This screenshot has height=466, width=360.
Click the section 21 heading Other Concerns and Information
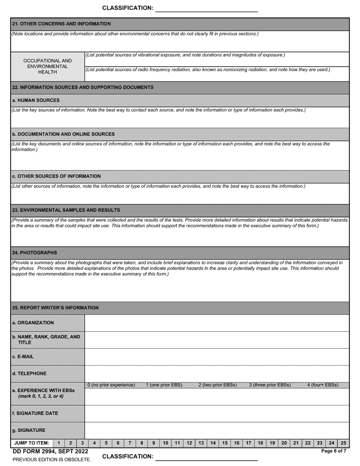[61, 24]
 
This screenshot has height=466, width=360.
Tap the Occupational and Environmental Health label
[47, 66]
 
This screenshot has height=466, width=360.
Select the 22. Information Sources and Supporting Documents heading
[83, 87]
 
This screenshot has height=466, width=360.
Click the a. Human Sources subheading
[36, 100]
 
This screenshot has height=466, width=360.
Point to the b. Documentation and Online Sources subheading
[63, 134]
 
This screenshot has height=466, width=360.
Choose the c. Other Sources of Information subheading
[56, 176]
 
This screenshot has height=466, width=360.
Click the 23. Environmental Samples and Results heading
[66, 210]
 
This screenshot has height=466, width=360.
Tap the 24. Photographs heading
[34, 252]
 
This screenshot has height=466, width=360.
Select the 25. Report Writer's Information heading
[55, 308]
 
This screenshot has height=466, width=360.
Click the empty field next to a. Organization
[216, 323]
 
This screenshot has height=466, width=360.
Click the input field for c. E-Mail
[216, 357]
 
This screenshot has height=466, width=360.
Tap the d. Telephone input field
[216, 374]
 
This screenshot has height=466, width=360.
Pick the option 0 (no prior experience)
[111, 385]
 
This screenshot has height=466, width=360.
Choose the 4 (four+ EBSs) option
[322, 385]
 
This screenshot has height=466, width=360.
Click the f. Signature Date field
[216, 413]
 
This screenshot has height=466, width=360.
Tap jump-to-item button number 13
[201, 443]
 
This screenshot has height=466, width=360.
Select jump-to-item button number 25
[343, 443]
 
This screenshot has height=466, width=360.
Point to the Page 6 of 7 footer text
[333, 451]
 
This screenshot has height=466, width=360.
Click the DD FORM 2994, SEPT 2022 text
[50, 451]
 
